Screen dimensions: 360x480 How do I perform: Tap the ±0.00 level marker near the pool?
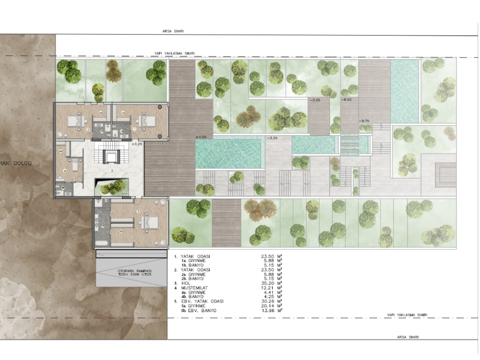click(x=201, y=137)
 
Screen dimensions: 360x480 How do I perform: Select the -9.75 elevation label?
click(x=364, y=121)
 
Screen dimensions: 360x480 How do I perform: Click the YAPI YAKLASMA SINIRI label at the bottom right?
click(x=408, y=315)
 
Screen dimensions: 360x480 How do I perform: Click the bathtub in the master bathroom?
click(x=102, y=243)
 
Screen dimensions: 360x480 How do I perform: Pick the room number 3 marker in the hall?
click(x=112, y=171)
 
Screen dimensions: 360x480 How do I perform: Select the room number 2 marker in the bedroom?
click(x=88, y=130)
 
